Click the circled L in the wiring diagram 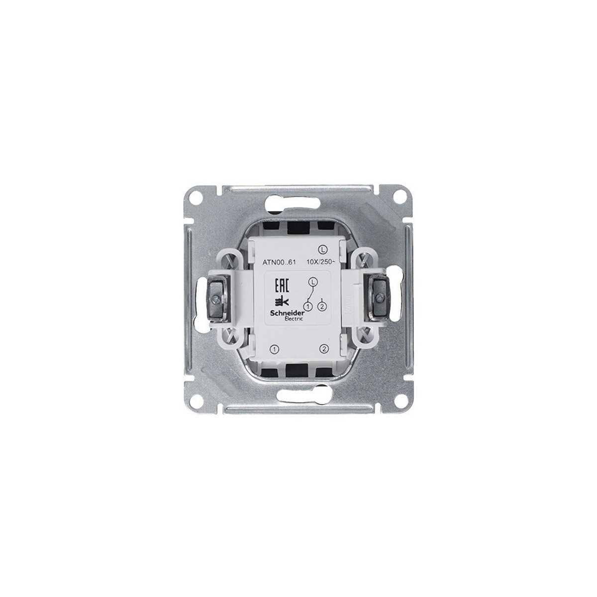point(312,282)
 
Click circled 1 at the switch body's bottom point(276,349)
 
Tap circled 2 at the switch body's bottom point(323,349)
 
